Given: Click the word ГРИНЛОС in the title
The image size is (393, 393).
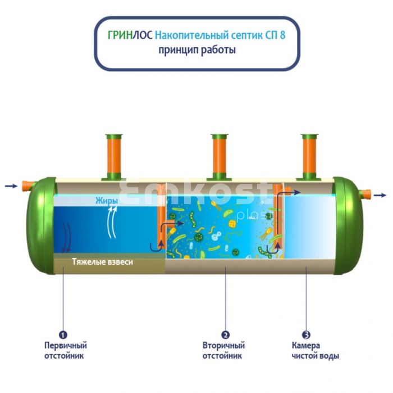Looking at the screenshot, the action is (x=130, y=35).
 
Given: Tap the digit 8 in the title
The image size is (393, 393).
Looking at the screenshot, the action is (x=282, y=35).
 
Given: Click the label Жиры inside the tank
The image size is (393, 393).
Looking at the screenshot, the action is (x=107, y=201).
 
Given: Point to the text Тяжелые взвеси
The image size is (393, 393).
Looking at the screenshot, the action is (x=103, y=262).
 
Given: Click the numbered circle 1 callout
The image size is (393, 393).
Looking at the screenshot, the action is (x=63, y=335).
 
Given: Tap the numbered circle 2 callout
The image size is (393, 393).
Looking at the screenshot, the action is (x=225, y=335).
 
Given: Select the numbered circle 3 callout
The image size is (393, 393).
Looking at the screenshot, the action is (x=306, y=335).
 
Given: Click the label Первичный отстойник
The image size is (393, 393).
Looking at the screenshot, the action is (x=66, y=351).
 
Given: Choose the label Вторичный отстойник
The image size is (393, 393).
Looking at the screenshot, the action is (x=223, y=351).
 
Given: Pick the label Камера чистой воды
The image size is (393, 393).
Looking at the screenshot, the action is (x=316, y=351).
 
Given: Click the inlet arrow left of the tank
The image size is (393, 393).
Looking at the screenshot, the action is (x=11, y=186).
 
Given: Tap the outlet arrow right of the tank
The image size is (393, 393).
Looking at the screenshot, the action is (x=380, y=195).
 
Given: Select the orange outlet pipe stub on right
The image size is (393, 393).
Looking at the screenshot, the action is (x=365, y=194).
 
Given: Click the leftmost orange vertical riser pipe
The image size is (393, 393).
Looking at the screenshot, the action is (x=114, y=157).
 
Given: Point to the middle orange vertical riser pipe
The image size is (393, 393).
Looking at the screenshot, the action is (x=220, y=157).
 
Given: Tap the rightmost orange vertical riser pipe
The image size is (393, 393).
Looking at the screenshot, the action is (x=309, y=157).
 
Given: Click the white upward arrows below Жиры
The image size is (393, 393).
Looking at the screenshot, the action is (x=112, y=222).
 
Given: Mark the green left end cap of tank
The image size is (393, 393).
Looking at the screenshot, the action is (x=42, y=225).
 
